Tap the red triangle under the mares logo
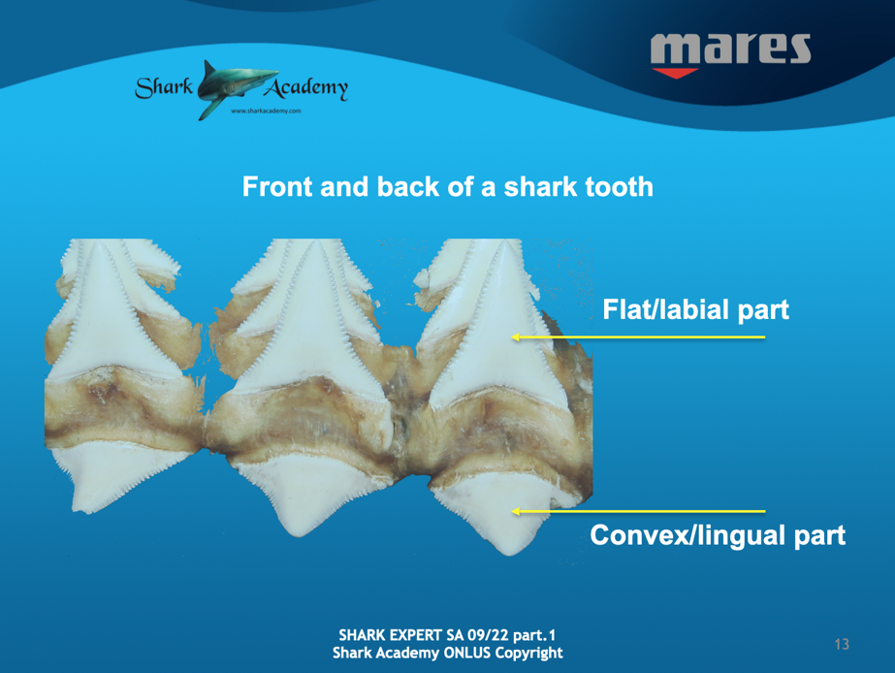click(675, 73)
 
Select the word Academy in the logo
click(305, 88)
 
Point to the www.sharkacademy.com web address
click(266, 111)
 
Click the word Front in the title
click(277, 186)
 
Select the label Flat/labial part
click(696, 309)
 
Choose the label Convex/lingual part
click(718, 535)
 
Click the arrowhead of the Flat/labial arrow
click(516, 337)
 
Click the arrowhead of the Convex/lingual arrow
click(516, 511)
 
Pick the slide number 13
click(842, 645)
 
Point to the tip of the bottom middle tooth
click(301, 534)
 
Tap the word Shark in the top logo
click(164, 87)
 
